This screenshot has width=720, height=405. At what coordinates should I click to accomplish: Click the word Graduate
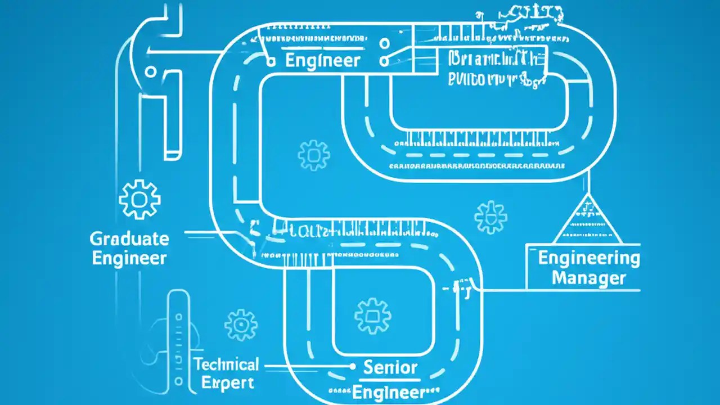click(129, 238)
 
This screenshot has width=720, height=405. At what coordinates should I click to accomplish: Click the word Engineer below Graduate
click(129, 258)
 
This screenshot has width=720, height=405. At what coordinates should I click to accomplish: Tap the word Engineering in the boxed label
click(589, 258)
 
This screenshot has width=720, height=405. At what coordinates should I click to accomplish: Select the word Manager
click(588, 277)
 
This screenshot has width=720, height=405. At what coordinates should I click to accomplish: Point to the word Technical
click(227, 364)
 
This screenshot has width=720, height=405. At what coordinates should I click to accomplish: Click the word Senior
click(390, 368)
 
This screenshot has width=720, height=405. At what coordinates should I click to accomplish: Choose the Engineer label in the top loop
click(322, 60)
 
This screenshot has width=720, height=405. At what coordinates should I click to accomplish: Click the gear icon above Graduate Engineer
click(139, 199)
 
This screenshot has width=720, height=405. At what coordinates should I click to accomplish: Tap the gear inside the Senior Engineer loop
click(372, 316)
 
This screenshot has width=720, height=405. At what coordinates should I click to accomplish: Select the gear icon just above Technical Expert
click(241, 325)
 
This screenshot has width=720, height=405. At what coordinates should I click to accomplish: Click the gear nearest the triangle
click(490, 218)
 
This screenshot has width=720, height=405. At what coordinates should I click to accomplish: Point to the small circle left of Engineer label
click(271, 60)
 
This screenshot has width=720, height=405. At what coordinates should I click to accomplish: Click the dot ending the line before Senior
click(353, 366)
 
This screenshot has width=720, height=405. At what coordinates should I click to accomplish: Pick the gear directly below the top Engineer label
click(313, 155)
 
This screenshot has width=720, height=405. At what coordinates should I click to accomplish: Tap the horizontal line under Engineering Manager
click(585, 290)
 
